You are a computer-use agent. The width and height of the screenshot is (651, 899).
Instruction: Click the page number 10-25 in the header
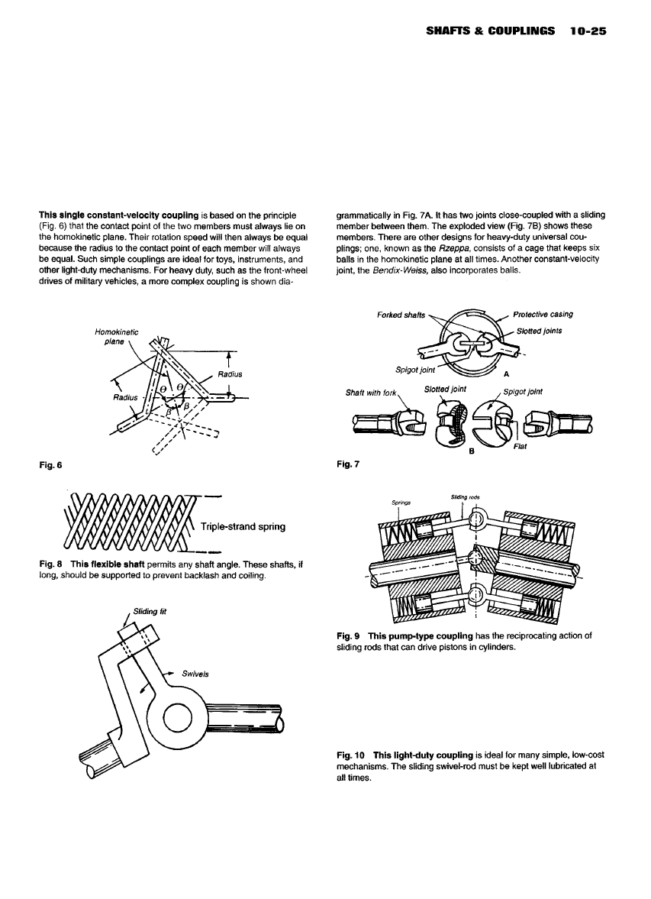click(x=587, y=33)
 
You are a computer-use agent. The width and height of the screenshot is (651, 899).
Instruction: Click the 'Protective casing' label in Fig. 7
click(x=543, y=314)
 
